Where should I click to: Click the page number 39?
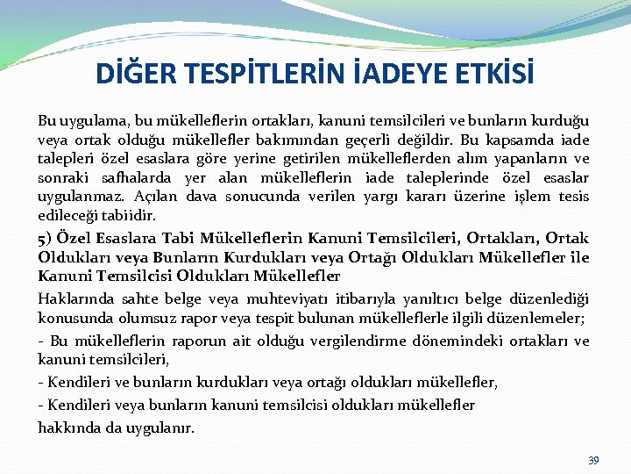(593, 460)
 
